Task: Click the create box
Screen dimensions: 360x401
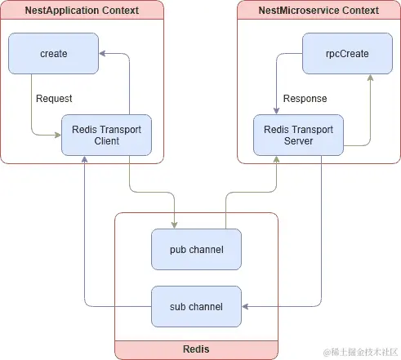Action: pyautogui.click(x=53, y=53)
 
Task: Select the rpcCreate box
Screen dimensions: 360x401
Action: pyautogui.click(x=347, y=53)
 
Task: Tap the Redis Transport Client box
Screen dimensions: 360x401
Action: pyautogui.click(x=106, y=135)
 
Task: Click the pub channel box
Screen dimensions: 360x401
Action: pyautogui.click(x=196, y=249)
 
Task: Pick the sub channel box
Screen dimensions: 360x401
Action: pyautogui.click(x=196, y=306)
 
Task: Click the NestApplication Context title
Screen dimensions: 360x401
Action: pyautogui.click(x=81, y=11)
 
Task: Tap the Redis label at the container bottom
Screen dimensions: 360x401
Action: pyautogui.click(x=196, y=349)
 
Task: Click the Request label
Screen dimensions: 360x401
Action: pyautogui.click(x=54, y=99)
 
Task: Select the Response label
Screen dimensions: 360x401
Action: pyautogui.click(x=305, y=99)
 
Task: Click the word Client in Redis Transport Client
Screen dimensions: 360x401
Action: pyautogui.click(x=106, y=141)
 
